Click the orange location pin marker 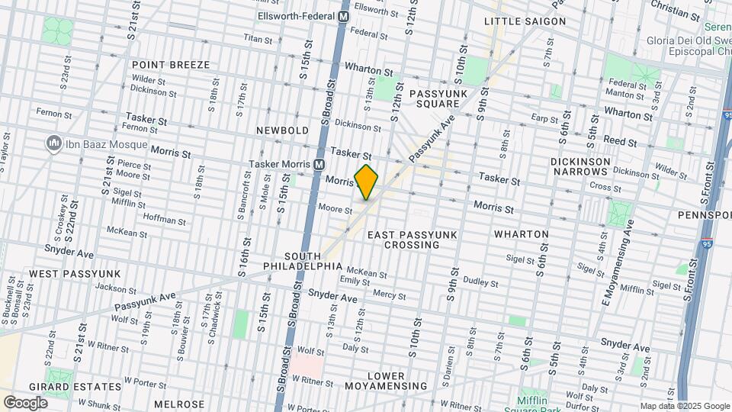pos(367,182)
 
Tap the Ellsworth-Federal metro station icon pos(344,16)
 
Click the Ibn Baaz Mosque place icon pos(53,143)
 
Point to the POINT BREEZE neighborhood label pos(171,66)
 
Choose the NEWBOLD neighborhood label pos(282,130)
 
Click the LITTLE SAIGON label pos(525,21)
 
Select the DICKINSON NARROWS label pos(580,168)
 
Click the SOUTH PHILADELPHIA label pos(303,261)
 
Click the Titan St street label pos(258,37)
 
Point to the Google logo pos(25,402)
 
